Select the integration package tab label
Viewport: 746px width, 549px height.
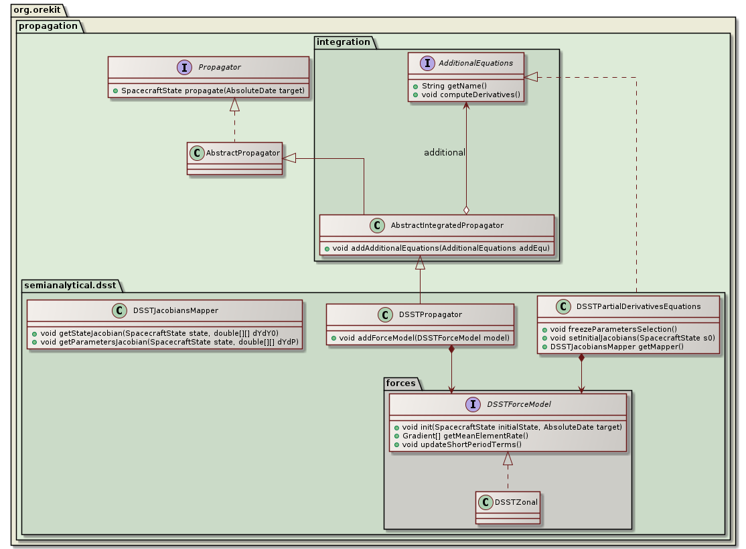coord(343,42)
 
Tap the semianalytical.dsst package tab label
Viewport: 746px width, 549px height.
coord(69,286)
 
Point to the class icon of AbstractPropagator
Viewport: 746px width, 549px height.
coord(197,153)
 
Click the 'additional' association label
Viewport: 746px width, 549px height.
coord(445,153)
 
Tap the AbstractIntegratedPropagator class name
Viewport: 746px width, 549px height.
coord(447,225)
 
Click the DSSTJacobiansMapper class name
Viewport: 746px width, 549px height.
coord(175,310)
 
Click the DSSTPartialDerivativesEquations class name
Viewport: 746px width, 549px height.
coord(638,306)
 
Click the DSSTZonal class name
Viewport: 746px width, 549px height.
coord(516,502)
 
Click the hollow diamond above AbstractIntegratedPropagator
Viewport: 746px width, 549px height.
coord(466,210)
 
